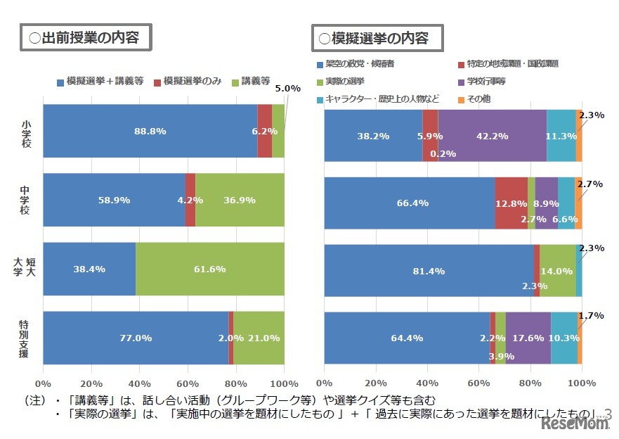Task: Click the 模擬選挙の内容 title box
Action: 377,37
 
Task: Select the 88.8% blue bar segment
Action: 150,131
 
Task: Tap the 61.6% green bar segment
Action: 209,269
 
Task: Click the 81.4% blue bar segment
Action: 429,269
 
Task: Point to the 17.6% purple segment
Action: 528,338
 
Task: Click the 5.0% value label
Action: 287,89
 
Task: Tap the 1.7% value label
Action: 591,316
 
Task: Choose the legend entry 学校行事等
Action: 489,82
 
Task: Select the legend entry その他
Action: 478,99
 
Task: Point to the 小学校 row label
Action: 26,131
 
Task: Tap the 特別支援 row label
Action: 26,338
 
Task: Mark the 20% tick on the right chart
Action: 376,383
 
